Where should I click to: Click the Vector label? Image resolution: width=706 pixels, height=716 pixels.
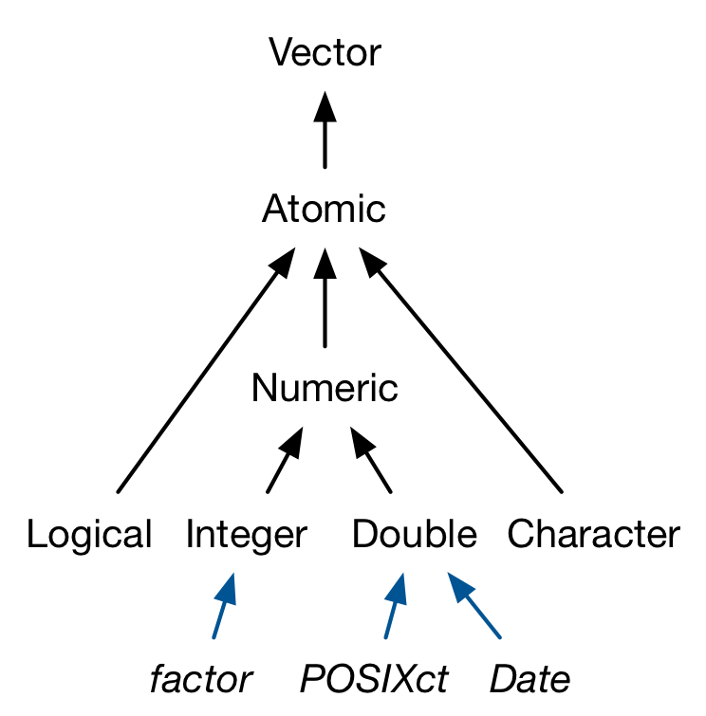click(x=325, y=53)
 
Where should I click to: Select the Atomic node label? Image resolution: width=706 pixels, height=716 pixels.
click(x=325, y=209)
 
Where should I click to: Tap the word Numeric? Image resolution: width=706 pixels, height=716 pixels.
click(x=325, y=388)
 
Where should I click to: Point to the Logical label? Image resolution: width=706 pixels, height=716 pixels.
click(x=89, y=536)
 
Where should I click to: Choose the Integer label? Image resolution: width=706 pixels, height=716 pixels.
click(x=247, y=536)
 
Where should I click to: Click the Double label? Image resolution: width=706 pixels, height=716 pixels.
click(x=415, y=536)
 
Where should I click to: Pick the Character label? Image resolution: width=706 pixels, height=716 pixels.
click(x=594, y=536)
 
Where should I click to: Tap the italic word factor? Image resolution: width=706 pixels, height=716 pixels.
click(x=201, y=679)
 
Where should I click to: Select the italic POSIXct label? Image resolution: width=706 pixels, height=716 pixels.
click(x=374, y=679)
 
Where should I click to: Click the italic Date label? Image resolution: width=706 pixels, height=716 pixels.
click(x=530, y=679)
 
